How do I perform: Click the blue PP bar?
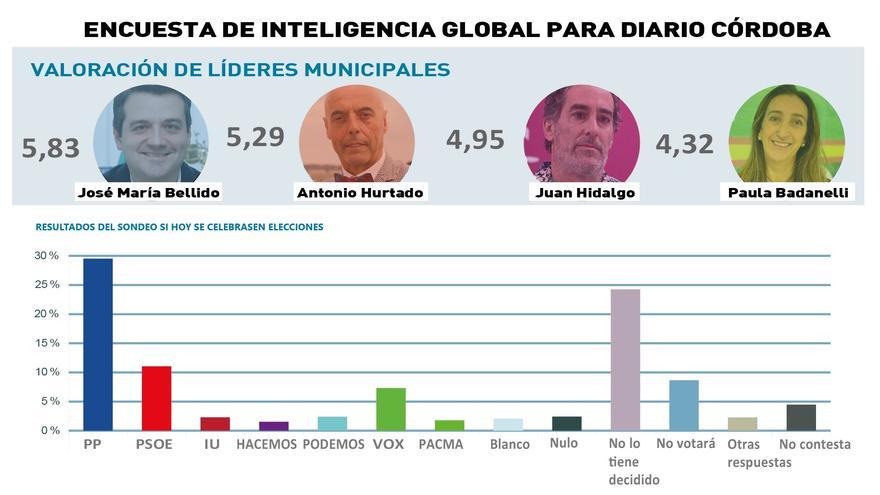click(x=97, y=344)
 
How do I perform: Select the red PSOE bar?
click(x=156, y=398)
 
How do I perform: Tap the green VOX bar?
click(x=391, y=409)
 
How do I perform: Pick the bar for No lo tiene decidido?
click(x=625, y=359)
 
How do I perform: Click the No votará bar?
click(x=684, y=405)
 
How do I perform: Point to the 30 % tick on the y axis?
click(x=47, y=256)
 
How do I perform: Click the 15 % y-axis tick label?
click(x=47, y=343)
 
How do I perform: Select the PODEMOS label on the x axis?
click(x=333, y=444)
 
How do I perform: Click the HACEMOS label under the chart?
click(x=266, y=444)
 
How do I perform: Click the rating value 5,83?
click(x=50, y=149)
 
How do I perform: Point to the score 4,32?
click(x=685, y=145)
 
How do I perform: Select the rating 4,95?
click(x=475, y=140)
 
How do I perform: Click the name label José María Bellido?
click(x=149, y=192)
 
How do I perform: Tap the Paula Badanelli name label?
click(x=787, y=192)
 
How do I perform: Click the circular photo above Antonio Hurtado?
click(x=356, y=133)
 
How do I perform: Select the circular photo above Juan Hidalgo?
click(x=581, y=133)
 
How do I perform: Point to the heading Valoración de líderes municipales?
click(x=240, y=70)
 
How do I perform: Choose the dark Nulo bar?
click(x=566, y=423)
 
